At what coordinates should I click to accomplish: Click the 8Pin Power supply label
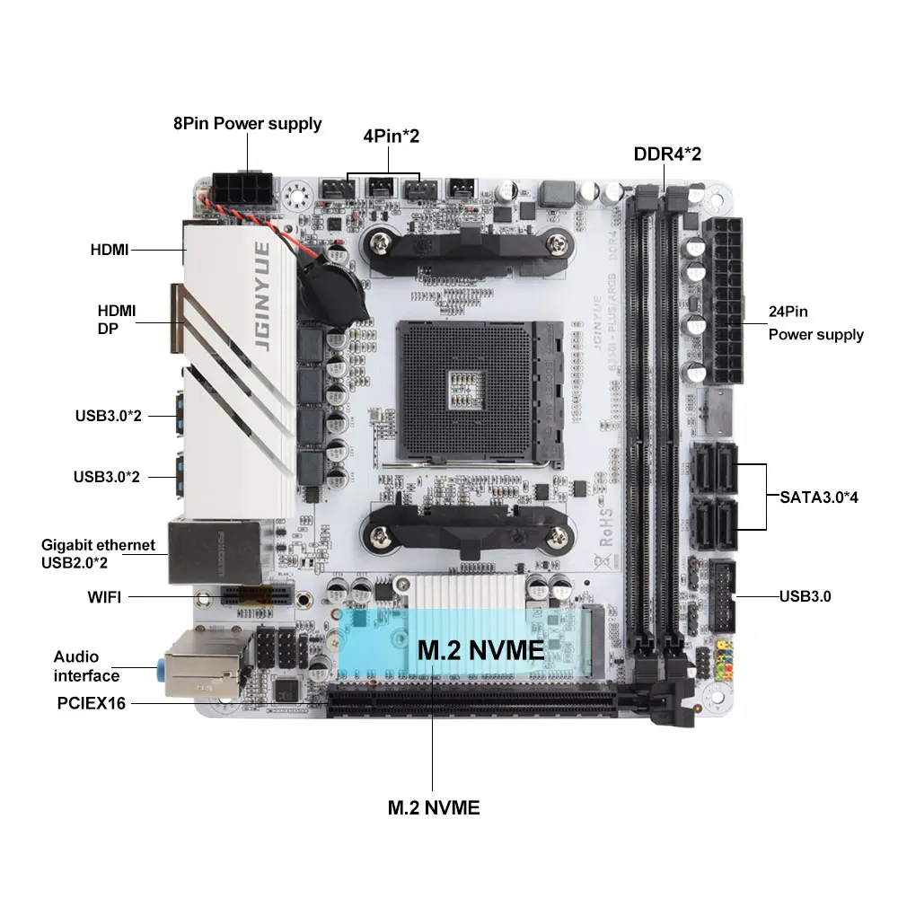point(247,124)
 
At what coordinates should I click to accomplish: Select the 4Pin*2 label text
point(391,136)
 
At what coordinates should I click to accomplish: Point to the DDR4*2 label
point(667,154)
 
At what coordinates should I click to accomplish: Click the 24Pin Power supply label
point(815,323)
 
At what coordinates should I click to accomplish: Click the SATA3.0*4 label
point(818,496)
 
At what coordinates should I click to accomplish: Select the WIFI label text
point(104,596)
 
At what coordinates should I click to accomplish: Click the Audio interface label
point(86,666)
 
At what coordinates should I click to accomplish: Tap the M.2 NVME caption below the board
point(434,807)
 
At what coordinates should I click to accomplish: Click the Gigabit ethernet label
point(98,545)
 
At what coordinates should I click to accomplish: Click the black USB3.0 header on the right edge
point(723,594)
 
